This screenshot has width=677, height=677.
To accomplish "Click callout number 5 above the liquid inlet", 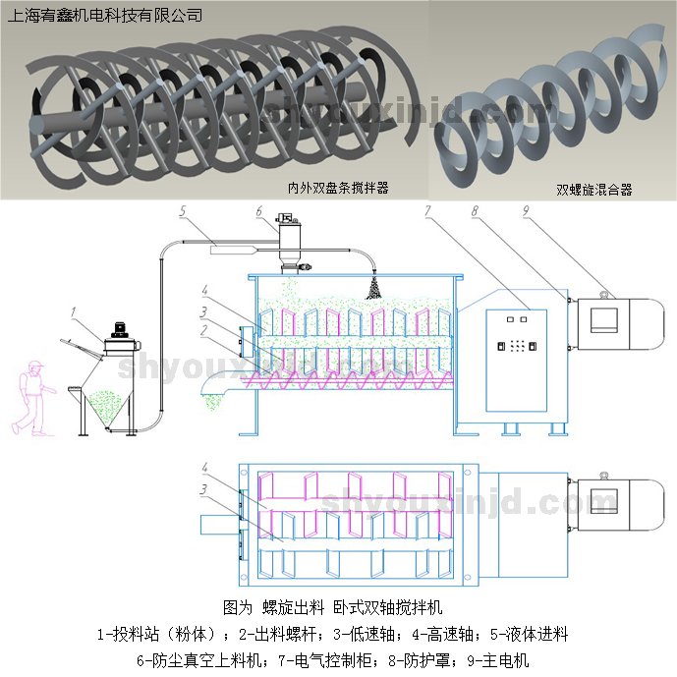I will click(183, 211).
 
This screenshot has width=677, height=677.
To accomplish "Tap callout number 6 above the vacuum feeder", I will click(258, 211).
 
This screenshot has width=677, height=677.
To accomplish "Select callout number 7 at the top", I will click(427, 211).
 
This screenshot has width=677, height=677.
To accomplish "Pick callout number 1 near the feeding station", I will click(73, 311).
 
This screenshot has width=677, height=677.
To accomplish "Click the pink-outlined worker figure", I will click(31, 396).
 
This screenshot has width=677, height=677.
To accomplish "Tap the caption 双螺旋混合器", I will click(593, 189).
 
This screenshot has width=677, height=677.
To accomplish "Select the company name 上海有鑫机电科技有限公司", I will click(104, 15).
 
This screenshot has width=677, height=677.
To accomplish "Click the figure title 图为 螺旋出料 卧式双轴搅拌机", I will click(334, 606).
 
